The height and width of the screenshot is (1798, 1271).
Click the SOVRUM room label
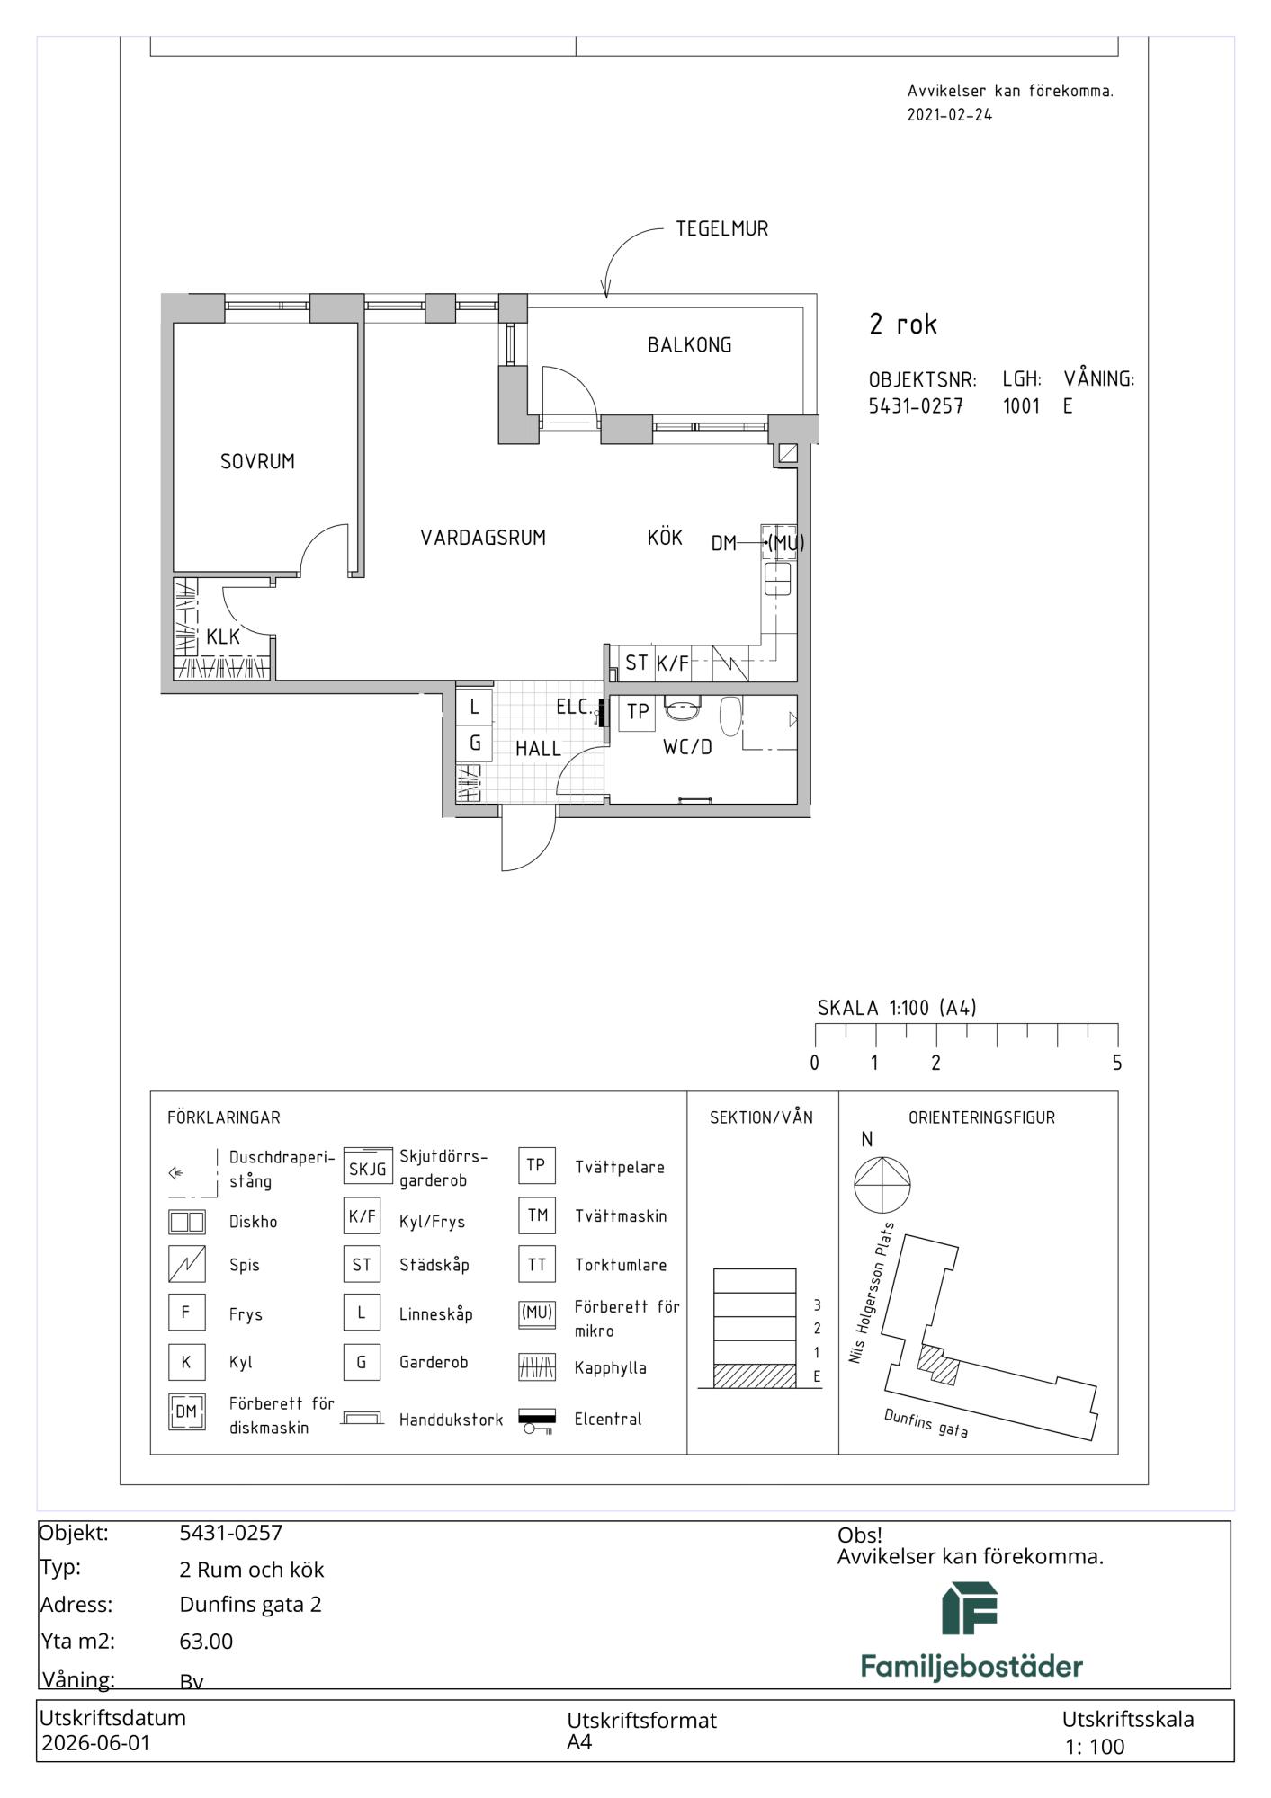257,461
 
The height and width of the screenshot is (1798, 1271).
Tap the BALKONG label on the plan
689,344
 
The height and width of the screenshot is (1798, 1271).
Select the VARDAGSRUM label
483,538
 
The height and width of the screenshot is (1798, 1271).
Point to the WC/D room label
687,746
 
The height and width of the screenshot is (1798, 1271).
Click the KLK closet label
223,636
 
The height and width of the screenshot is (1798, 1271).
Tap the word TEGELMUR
722,228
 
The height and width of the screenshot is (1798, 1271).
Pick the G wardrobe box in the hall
474,743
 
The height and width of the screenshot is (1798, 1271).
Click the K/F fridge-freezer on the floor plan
672,663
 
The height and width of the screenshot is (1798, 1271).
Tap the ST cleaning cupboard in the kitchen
636,663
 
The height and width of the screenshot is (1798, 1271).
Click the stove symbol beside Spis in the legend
186,1264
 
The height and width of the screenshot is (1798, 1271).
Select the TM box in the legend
537,1215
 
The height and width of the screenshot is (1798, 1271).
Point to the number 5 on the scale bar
1117,1063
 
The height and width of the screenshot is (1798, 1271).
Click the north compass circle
882,1185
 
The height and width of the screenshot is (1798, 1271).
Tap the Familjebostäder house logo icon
970,1608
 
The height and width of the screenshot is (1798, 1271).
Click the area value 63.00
206,1642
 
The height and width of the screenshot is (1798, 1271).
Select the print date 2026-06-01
96,1743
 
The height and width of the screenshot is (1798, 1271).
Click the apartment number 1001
1021,406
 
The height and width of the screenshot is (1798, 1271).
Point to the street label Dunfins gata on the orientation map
926,1423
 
